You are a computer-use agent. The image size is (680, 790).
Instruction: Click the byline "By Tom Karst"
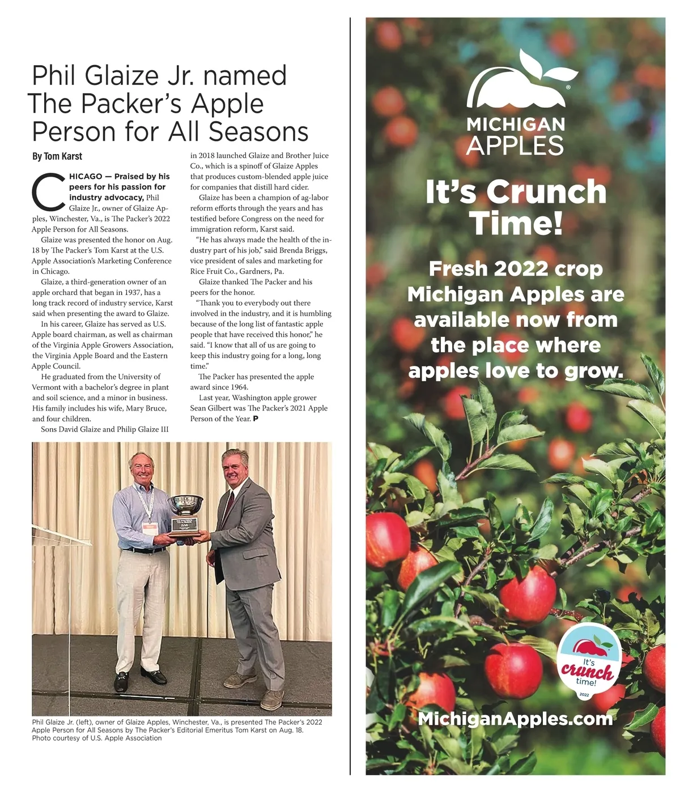(57, 156)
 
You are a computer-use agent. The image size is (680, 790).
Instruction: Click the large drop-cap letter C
(48, 191)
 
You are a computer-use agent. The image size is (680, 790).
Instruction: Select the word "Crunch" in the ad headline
(547, 192)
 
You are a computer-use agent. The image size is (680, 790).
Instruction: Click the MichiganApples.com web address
(515, 719)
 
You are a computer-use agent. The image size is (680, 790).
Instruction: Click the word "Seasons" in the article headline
(258, 131)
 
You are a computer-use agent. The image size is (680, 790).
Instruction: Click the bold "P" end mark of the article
(256, 419)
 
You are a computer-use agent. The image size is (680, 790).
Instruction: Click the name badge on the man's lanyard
(150, 528)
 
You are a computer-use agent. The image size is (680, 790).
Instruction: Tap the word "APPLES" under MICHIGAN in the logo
(515, 146)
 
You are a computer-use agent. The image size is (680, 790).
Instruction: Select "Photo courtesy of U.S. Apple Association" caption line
(97, 738)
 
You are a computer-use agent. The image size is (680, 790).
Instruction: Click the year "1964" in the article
(239, 387)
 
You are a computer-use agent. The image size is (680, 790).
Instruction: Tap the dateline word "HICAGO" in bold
(86, 176)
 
